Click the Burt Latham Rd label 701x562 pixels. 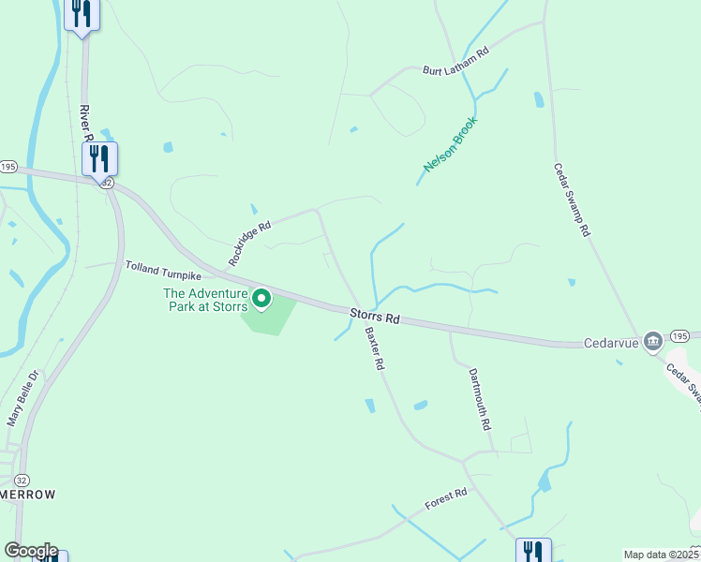coord(456,63)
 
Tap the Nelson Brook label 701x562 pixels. coord(451,143)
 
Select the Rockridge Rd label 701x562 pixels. coord(249,243)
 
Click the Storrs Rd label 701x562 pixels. coord(376,317)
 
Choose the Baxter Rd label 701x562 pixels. coord(375,348)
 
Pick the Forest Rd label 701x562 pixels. coord(445,500)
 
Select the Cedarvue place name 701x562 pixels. coord(611,343)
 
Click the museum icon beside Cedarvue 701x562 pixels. coord(652,339)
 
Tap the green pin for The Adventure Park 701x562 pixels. coord(261,299)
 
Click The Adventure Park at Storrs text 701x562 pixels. coord(205,300)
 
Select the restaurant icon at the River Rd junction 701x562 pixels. coord(99,157)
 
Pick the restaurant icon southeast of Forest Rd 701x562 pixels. coord(533,551)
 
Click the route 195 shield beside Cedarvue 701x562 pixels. coord(680,335)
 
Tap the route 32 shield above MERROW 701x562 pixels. coord(22,479)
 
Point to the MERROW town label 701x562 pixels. coord(27,495)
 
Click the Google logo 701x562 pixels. coord(31,551)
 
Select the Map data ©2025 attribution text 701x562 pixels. coord(661,555)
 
